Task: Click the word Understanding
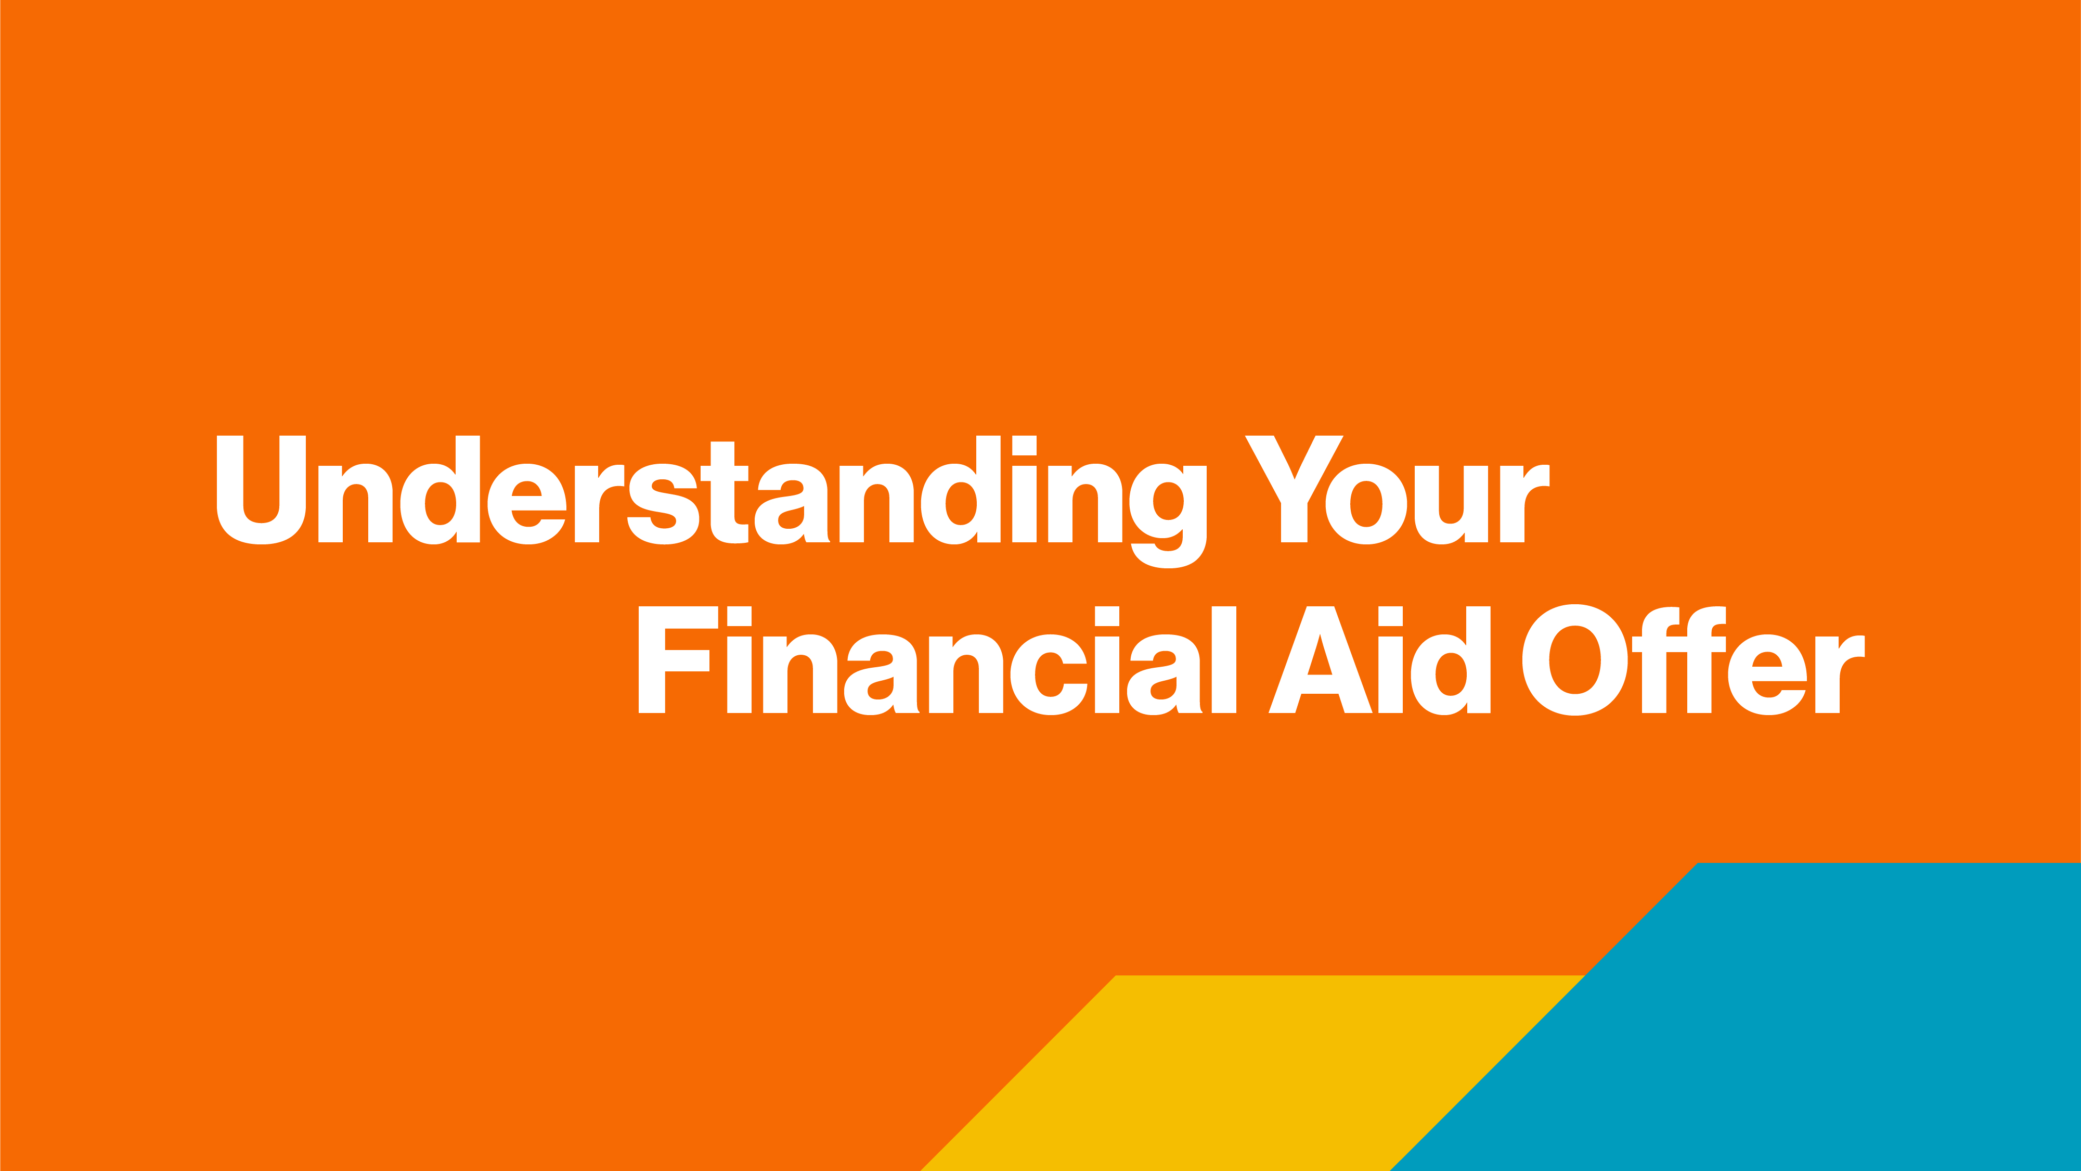coord(712,501)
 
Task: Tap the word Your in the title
coord(1397,490)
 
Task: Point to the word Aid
coord(1379,660)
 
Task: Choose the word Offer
coord(1693,660)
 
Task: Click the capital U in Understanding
coord(261,490)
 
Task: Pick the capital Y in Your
coord(1294,489)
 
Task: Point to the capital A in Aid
coord(1320,659)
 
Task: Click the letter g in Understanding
coord(1168,516)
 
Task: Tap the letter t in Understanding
coord(725,492)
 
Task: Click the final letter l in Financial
coord(1224,659)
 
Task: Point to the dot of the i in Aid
coord(1390,616)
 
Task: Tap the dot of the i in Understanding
coord(1024,446)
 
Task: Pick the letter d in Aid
coord(1450,660)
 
